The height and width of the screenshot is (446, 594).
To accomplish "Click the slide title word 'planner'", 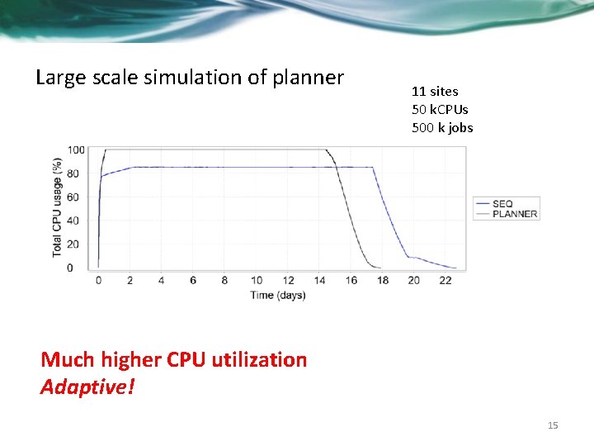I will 309,78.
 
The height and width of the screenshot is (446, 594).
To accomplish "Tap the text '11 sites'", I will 435,92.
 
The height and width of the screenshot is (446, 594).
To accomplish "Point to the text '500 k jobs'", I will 442,127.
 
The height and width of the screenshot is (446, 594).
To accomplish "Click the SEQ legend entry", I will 502,203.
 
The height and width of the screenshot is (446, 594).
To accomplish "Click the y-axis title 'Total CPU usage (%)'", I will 57,206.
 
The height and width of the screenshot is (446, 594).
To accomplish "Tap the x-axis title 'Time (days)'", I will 278,295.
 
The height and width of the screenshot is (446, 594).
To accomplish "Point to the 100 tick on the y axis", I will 76,149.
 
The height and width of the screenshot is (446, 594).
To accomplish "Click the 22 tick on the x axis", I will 445,281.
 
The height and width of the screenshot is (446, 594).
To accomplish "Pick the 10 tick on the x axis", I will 257,281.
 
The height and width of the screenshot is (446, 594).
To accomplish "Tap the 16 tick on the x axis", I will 351,281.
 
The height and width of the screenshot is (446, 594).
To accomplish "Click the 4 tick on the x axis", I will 162,281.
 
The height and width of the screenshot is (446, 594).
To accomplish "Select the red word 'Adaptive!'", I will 87,387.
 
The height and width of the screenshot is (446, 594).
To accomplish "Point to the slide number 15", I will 553,425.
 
